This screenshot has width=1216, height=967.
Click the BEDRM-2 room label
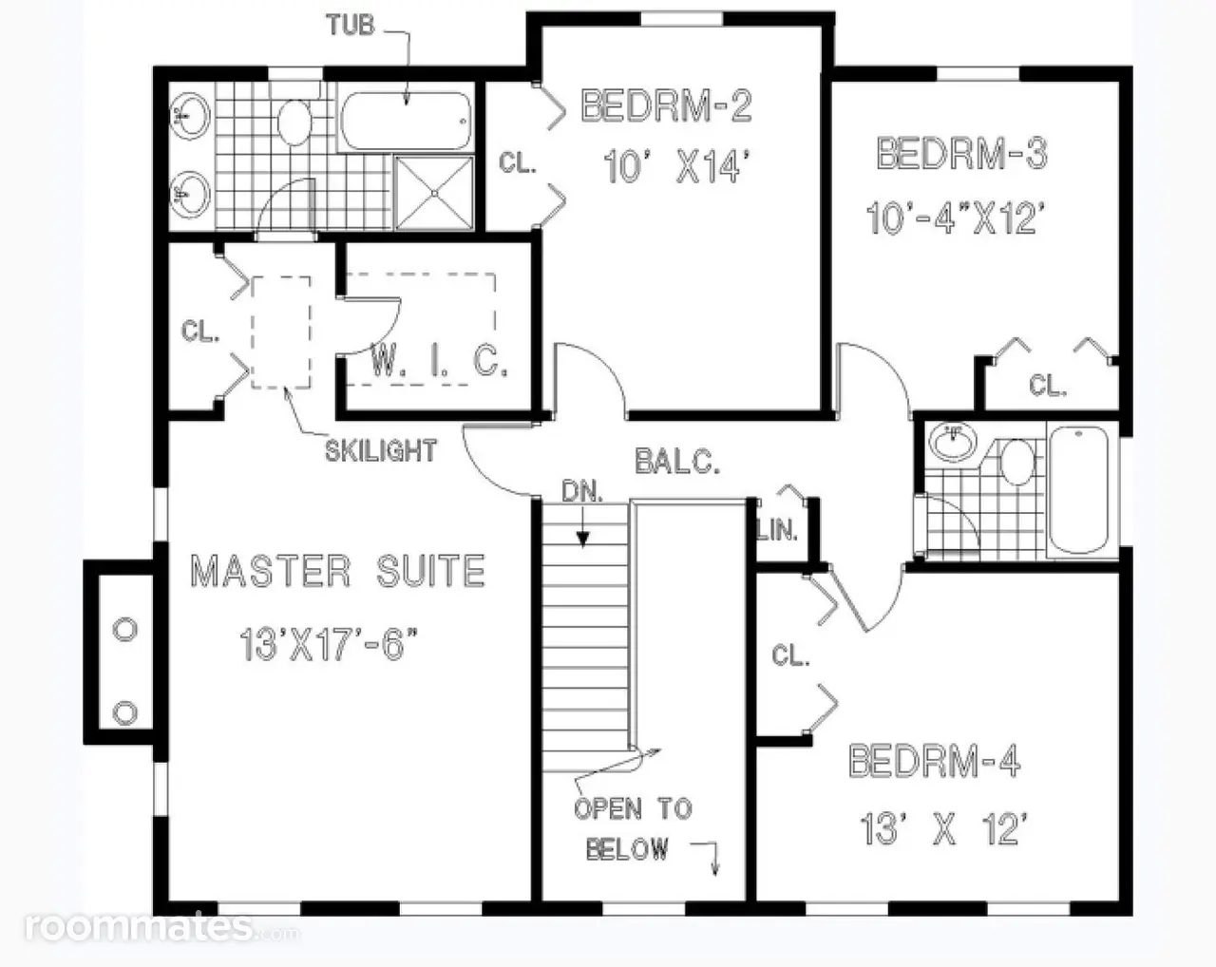[666, 106]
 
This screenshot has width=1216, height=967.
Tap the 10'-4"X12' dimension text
[955, 218]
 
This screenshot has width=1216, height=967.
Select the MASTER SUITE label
[338, 571]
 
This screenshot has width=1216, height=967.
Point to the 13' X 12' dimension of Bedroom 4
[942, 829]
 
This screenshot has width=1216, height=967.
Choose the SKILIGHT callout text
[381, 450]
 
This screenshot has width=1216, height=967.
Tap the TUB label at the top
[351, 26]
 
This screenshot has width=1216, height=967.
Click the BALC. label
[677, 461]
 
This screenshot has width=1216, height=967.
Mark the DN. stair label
[582, 492]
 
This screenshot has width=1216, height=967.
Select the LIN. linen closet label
[777, 530]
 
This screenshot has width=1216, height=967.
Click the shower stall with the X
[434, 193]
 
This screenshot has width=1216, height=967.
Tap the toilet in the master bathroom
[294, 122]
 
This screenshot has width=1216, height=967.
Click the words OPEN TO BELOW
[633, 829]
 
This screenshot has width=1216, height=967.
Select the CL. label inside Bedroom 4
[790, 655]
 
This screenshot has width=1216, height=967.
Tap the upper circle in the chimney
[124, 629]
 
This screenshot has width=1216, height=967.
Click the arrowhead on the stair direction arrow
[582, 540]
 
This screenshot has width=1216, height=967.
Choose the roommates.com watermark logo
[162, 927]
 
